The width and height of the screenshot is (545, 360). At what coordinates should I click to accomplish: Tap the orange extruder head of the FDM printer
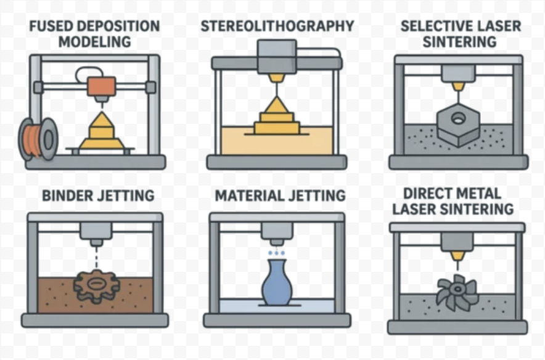pyautogui.click(x=100, y=87)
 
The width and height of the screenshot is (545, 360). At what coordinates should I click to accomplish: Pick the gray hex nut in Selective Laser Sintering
pyautogui.click(x=457, y=126)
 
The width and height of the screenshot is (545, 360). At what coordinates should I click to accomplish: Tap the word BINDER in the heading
pyautogui.click(x=67, y=196)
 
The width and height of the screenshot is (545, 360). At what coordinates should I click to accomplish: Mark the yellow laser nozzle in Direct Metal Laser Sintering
pyautogui.click(x=457, y=255)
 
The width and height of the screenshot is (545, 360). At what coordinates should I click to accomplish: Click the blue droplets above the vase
pyautogui.click(x=276, y=253)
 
